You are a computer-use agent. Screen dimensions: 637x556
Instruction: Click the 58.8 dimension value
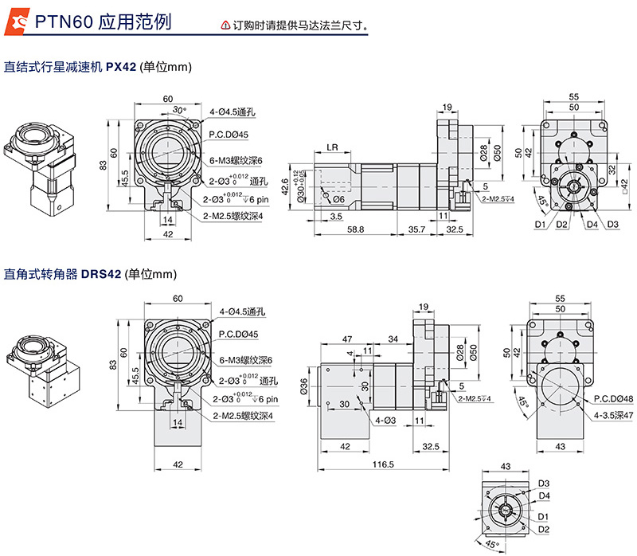(355, 229)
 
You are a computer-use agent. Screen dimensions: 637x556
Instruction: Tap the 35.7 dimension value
(416, 229)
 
